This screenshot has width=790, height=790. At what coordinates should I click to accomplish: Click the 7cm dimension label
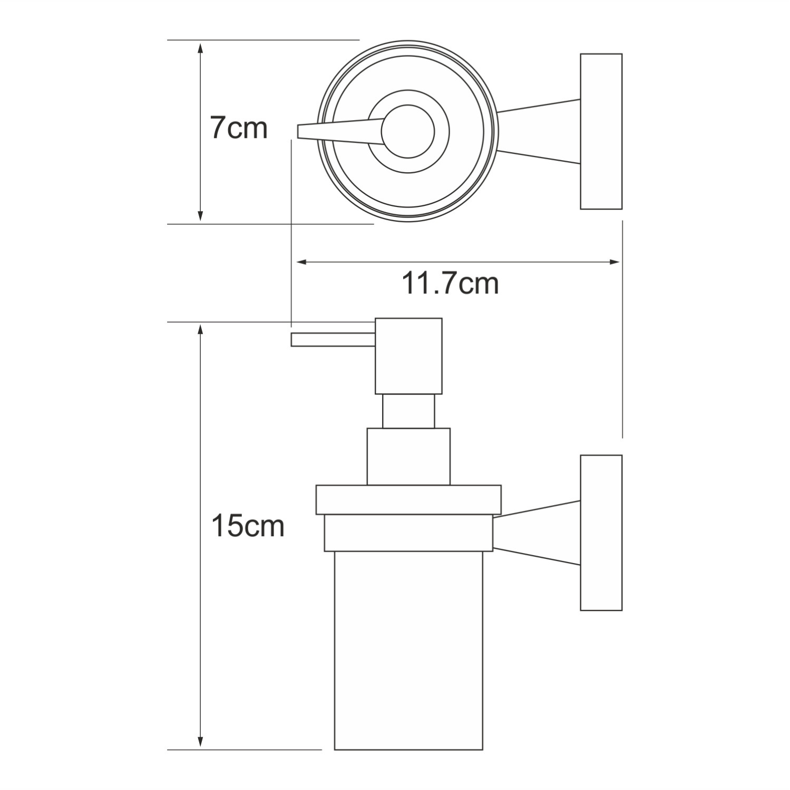239,128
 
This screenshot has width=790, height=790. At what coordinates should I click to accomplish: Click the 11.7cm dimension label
450,284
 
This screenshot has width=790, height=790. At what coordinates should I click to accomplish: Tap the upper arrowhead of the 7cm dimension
200,48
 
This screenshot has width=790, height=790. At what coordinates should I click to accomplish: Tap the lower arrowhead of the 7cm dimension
200,215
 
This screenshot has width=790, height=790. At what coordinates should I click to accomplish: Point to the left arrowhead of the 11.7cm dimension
304,262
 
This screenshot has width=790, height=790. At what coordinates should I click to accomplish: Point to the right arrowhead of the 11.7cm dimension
614,262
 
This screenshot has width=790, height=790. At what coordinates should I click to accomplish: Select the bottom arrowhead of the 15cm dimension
200,740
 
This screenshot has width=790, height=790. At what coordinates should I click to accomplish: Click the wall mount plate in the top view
601,131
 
